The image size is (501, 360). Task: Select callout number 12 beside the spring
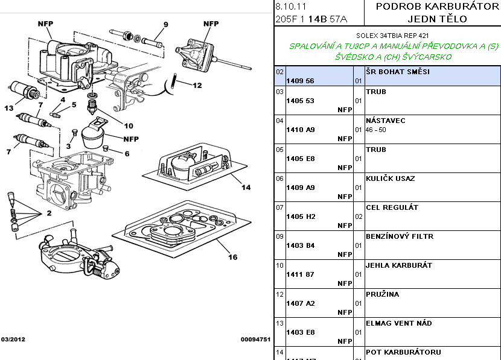[197, 86]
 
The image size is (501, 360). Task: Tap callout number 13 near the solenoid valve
[9, 108]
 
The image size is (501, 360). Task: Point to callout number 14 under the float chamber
[246, 187]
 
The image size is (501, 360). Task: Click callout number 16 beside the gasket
[232, 257]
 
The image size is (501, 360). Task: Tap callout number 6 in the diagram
[127, 153]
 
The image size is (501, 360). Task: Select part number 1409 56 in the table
[300, 80]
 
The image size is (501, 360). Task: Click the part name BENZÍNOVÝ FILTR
[400, 236]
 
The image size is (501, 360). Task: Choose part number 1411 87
[300, 274]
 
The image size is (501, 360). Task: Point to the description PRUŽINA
[382, 294]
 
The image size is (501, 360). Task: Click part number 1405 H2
[301, 216]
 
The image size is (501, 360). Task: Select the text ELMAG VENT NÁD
[398, 323]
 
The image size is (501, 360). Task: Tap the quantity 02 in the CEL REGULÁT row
[358, 216]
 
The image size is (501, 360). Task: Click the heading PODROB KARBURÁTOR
[432, 7]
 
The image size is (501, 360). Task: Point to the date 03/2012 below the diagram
[13, 339]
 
